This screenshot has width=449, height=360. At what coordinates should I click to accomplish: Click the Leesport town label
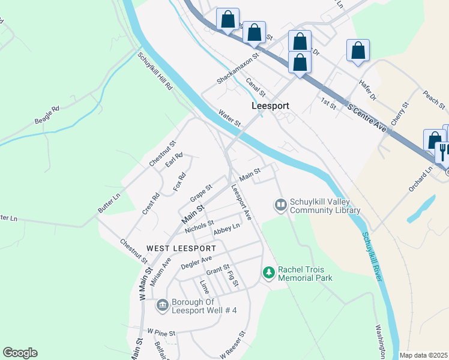(270, 106)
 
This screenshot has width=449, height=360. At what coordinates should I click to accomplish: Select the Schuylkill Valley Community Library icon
(280, 205)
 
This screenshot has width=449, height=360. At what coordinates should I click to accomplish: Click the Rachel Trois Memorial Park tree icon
(269, 273)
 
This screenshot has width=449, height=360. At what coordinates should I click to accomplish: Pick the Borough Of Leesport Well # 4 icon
(162, 306)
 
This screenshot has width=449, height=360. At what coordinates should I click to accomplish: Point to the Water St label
(229, 118)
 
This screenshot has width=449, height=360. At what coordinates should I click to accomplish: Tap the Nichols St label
(199, 227)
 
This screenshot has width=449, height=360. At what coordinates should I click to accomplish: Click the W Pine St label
(161, 332)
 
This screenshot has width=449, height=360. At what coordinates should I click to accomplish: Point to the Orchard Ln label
(421, 179)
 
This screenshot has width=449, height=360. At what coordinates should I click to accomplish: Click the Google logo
(20, 353)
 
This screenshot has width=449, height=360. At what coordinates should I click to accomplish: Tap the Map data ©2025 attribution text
(423, 355)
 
